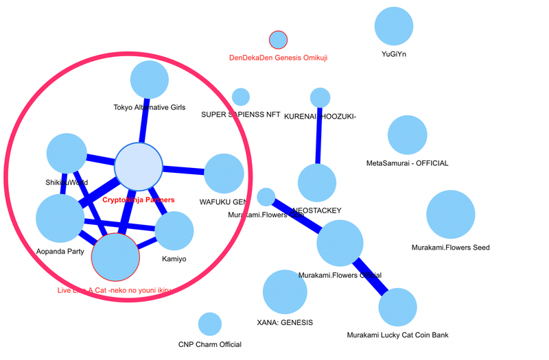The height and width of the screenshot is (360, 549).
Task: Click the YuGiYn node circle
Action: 394,26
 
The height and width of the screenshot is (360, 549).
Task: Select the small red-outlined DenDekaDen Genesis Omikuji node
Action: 278,40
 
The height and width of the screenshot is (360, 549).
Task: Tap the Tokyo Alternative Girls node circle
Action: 150,80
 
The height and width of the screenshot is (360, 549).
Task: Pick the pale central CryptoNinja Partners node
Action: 138,167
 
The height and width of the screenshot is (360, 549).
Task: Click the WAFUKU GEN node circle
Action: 224,173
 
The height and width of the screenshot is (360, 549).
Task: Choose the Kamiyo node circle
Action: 174,230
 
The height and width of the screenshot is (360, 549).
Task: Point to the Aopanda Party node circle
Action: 60,218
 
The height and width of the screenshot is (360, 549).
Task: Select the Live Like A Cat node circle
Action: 115,257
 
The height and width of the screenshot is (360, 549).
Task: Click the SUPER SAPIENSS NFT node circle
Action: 241,97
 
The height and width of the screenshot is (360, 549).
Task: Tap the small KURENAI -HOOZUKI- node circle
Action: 320,97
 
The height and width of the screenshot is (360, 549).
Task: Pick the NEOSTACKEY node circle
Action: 317,183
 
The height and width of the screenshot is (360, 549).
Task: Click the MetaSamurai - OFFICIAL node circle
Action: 408,134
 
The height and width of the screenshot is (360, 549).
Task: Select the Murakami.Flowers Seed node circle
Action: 451,215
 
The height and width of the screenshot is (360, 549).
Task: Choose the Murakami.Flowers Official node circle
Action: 340,243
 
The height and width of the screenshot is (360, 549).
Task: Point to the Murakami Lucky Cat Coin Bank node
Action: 397,307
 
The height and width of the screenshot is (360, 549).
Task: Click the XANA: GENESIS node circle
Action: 285,292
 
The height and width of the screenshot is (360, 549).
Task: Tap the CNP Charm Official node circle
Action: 209,324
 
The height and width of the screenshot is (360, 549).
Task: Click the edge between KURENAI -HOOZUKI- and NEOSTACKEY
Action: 318,137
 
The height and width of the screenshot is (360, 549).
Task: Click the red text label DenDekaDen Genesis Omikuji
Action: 278,58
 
